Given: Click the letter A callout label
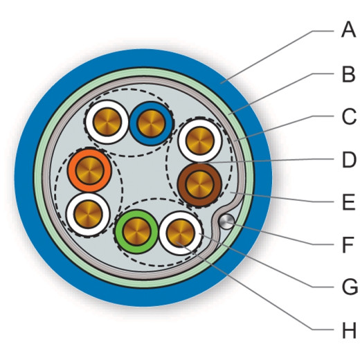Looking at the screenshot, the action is point(348,30).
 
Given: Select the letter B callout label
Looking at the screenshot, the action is point(348,73).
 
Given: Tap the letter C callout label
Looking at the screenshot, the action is point(349,117).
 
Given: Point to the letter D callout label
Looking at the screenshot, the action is point(349,159).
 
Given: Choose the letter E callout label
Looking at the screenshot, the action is point(348,202).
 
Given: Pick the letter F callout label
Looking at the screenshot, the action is point(348,244).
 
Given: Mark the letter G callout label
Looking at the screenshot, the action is point(350,287).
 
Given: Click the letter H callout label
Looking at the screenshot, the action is point(349,330).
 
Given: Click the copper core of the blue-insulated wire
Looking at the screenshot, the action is point(151,124).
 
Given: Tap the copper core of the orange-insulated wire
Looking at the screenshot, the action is point(90,170).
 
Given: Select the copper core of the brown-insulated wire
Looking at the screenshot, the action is point(200,185).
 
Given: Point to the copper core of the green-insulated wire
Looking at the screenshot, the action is point(137,231).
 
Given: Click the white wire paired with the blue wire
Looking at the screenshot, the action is point(107,122).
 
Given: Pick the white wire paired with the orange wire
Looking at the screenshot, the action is point(89,215).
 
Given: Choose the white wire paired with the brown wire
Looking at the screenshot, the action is point(200,141).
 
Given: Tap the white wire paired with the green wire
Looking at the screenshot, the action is point(181,233).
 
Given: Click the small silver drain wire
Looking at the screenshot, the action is point(226,222).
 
